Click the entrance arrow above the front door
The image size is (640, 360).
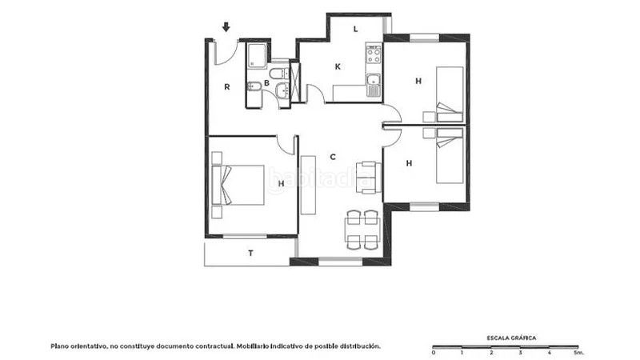click(226, 27)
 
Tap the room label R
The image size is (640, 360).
click(227, 87)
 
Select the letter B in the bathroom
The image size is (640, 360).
click(266, 83)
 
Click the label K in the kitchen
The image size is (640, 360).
click(338, 66)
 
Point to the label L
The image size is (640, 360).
click(355, 29)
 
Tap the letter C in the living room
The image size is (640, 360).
click(333, 157)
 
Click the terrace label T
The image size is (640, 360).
click(250, 254)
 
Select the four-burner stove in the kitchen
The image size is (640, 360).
click(374, 54)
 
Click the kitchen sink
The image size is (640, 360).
click(373, 85)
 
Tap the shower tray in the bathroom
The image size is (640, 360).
click(257, 56)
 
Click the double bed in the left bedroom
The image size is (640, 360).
click(238, 185)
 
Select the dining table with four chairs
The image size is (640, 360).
click(362, 230)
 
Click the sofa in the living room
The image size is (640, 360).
click(368, 177)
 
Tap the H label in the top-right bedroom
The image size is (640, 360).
click(418, 82)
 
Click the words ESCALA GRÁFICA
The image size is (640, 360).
click(511, 338)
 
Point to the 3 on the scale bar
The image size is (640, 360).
click(521, 352)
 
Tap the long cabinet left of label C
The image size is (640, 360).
click(308, 185)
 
